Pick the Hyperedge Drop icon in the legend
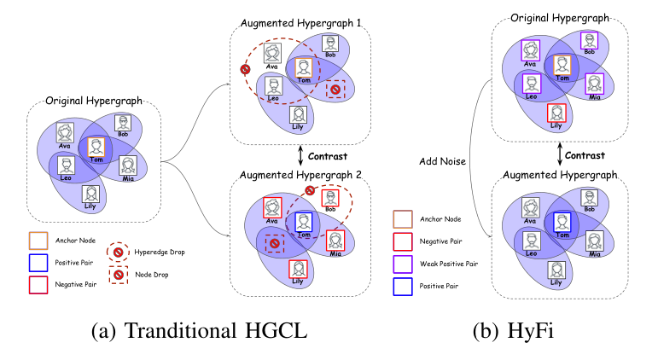tap(117, 253)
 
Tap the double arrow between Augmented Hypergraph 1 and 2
tap(300, 156)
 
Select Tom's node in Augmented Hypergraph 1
tap(302, 69)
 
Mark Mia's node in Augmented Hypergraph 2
tap(336, 241)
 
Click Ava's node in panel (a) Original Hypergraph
tap(65, 133)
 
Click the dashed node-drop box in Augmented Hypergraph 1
tap(335, 90)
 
